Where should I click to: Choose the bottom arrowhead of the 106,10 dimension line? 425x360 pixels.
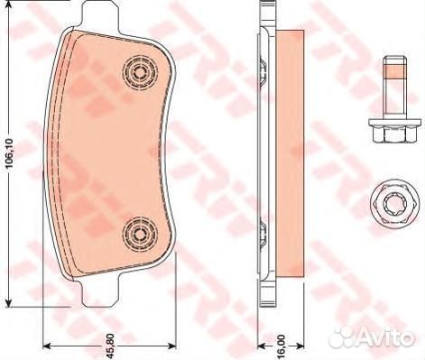point(10,303)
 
